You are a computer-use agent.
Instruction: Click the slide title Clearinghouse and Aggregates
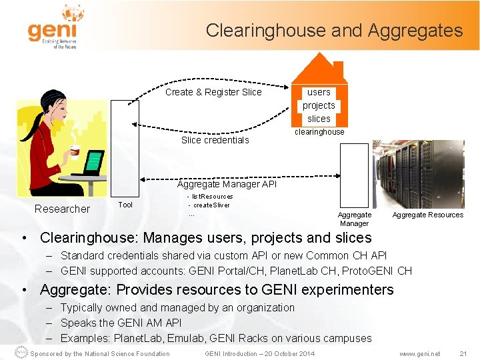tap(334, 31)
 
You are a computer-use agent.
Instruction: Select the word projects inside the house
tap(319, 105)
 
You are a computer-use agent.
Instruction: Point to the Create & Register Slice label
tap(213, 92)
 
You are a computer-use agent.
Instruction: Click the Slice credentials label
tap(215, 140)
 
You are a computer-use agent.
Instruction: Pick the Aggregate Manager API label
tap(227, 184)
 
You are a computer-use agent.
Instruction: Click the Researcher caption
tap(62, 209)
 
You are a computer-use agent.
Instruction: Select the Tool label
tap(125, 205)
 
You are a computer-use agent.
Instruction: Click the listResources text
tap(212, 197)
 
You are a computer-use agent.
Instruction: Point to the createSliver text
tap(211, 205)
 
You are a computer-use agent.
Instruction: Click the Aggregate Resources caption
tap(427, 215)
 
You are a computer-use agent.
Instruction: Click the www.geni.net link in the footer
tap(419, 353)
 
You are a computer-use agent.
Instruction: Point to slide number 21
tap(463, 353)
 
